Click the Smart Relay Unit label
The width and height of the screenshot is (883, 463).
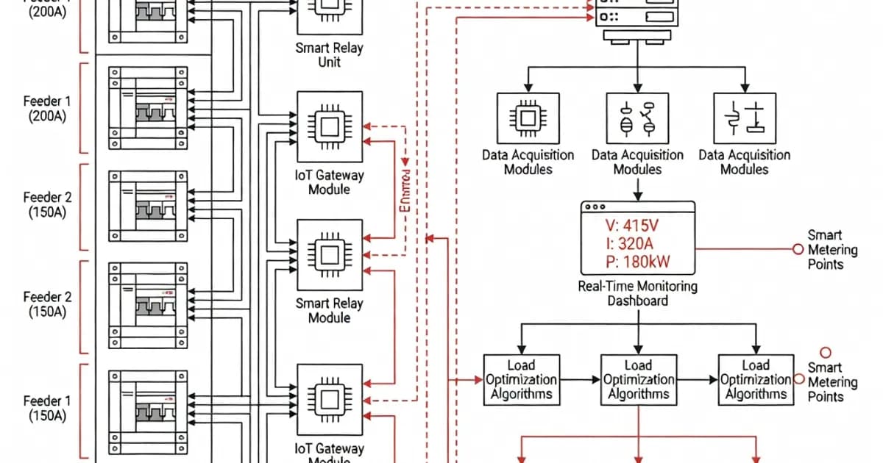click(329, 55)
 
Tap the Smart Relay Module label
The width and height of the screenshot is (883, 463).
click(329, 310)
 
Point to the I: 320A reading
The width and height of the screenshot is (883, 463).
click(628, 244)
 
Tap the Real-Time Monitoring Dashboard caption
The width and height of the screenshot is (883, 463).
click(637, 293)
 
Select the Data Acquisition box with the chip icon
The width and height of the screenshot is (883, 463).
click(527, 118)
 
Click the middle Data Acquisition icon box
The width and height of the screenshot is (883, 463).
click(637, 118)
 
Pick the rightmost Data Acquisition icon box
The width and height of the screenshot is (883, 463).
click(745, 118)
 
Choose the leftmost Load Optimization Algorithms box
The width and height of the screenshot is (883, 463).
click(521, 379)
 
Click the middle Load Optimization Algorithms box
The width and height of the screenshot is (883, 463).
click(638, 379)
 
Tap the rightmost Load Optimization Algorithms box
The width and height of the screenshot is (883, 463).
click(756, 379)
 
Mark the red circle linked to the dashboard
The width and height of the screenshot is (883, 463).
click(797, 249)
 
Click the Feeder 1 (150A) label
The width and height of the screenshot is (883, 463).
click(47, 408)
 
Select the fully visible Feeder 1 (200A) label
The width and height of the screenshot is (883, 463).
click(47, 109)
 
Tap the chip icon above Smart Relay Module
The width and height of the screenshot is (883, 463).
click(329, 254)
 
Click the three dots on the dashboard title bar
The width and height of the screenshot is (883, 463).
click(594, 207)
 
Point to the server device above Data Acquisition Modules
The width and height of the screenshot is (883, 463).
click(637, 16)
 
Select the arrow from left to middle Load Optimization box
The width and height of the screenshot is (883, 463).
click(579, 380)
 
